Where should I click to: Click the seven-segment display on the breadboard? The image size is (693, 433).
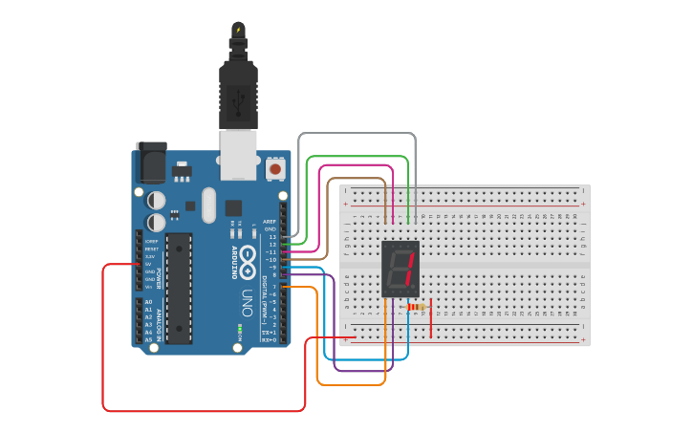point(400,269)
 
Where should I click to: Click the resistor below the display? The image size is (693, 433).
point(416,307)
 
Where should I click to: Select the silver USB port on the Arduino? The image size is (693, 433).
point(239,154)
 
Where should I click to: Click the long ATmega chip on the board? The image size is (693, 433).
point(179,287)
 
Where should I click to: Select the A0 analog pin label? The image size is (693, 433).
point(148,302)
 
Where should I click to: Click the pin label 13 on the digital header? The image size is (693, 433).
point(272,237)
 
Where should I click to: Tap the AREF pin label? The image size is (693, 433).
point(270,222)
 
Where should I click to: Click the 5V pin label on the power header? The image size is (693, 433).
point(149,265)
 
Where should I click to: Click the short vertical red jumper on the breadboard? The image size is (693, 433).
point(431,318)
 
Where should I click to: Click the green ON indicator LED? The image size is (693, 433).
point(240,328)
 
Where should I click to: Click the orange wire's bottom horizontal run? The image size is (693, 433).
point(351,384)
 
